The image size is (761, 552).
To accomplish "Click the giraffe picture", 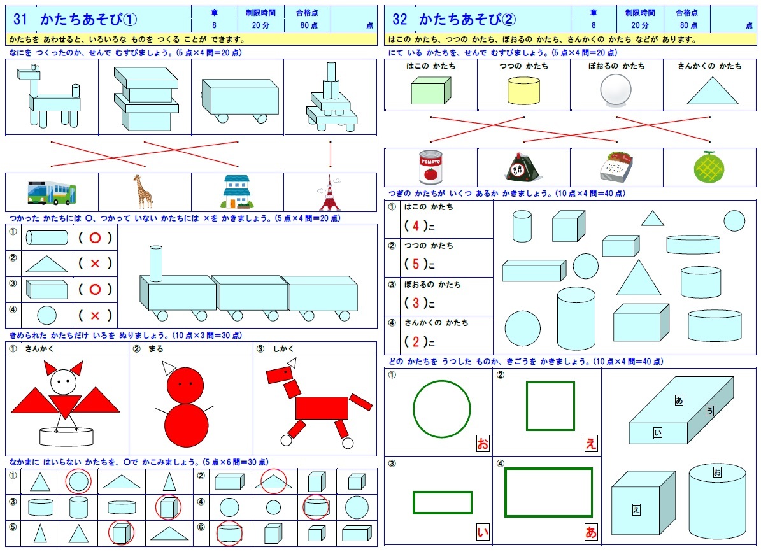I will click(143, 192).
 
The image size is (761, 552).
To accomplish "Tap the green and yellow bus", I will click(52, 192).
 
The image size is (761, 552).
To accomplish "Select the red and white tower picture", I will click(330, 194).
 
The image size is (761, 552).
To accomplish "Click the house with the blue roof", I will click(237, 192).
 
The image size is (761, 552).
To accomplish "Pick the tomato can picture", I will click(430, 167).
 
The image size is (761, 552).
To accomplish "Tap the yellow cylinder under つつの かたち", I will click(523, 91).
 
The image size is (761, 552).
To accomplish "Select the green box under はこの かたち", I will click(430, 90).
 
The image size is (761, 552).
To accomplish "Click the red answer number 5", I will click(415, 264).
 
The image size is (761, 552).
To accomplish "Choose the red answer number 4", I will click(415, 225).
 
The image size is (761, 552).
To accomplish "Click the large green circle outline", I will click(441, 409).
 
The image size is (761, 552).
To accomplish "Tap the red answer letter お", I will click(482, 444).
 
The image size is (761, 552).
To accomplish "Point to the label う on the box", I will click(709, 411).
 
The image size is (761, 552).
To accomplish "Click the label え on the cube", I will click(636, 509).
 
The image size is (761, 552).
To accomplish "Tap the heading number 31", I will click(20, 20).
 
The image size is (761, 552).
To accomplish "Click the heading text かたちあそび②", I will click(467, 20).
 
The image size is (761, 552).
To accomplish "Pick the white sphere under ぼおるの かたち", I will click(616, 90).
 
